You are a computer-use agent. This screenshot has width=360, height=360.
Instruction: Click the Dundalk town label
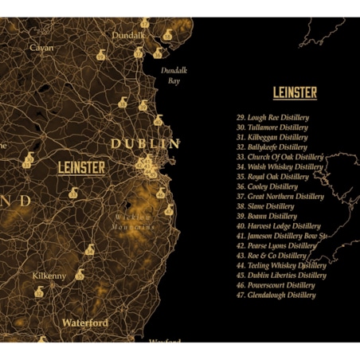click(128, 35)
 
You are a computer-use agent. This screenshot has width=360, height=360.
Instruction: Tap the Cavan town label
click(41, 48)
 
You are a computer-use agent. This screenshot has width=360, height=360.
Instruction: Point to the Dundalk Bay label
click(173, 76)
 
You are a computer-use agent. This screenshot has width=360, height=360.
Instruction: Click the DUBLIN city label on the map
click(145, 143)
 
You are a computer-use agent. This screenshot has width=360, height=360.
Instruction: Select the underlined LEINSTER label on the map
click(80, 167)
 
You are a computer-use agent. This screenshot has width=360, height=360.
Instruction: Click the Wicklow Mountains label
click(133, 221)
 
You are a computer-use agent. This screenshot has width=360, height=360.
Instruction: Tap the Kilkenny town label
click(49, 276)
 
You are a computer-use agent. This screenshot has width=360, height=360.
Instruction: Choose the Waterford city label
click(85, 323)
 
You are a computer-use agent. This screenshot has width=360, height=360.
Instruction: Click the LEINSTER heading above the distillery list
click(295, 93)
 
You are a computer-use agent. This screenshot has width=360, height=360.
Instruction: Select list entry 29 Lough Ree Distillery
click(272, 118)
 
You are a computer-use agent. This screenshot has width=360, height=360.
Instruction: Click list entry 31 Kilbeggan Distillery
click(272, 137)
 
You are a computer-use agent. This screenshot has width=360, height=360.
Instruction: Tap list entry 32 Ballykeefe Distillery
click(272, 147)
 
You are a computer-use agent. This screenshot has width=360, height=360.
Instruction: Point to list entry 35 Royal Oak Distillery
click(272, 177)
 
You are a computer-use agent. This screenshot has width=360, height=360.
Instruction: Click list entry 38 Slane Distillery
click(266, 206)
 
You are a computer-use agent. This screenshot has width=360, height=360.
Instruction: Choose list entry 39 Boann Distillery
click(267, 216)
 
